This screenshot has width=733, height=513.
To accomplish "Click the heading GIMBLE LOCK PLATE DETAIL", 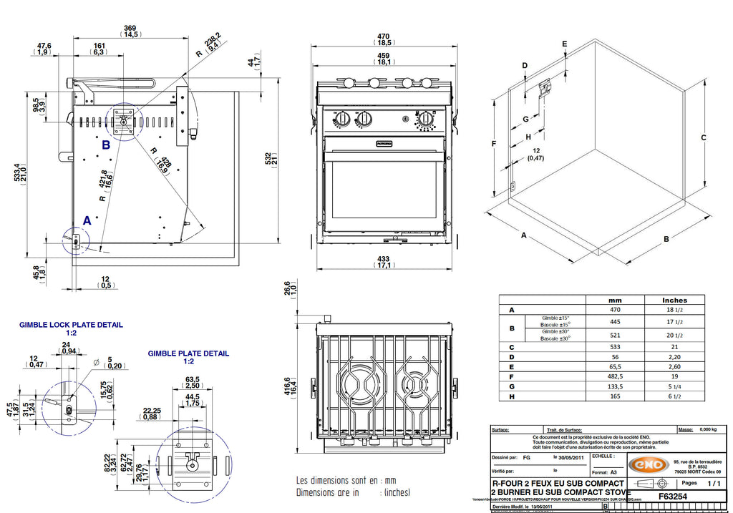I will [x=71, y=324].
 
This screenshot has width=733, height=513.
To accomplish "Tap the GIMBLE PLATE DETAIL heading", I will [x=188, y=353].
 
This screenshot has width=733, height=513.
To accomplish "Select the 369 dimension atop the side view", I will [x=130, y=27].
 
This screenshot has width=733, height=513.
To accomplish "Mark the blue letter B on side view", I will [x=106, y=145].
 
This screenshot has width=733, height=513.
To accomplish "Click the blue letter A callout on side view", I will [x=87, y=221].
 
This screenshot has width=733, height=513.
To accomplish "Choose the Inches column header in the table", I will [x=674, y=300].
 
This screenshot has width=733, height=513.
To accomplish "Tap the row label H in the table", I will [x=511, y=395].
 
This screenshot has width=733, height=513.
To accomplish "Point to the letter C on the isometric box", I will [x=704, y=137].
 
